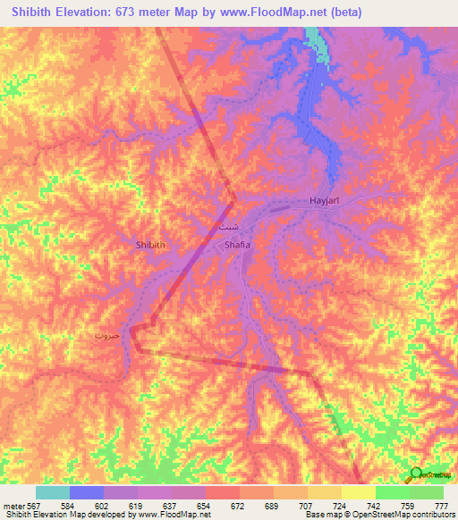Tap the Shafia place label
point(237,244)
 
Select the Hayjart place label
point(326,201)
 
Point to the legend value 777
point(442,505)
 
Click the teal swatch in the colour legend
point(52,492)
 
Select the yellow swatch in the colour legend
point(358,492)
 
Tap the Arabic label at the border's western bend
point(106,336)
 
